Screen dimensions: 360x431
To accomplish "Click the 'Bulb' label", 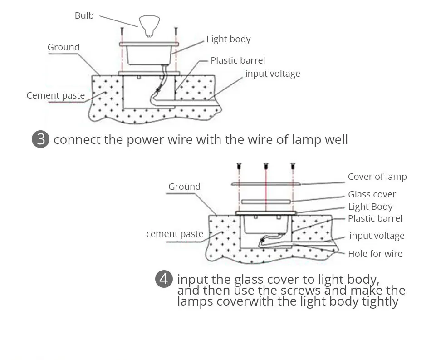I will point(84,15).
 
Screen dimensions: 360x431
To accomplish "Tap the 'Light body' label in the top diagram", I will point(228,39).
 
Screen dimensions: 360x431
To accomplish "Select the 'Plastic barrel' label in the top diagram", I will point(238,60).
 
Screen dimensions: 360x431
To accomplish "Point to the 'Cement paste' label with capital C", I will point(55,95).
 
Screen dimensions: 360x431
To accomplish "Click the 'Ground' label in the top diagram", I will point(64,47).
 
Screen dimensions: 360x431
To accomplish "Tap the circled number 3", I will point(41,139).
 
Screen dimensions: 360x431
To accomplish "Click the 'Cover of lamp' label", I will point(377,177).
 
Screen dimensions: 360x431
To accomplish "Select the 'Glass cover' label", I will point(372,194).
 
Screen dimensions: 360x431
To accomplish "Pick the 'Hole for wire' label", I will point(375,254).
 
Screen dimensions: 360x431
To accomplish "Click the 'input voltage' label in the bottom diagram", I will point(377,236).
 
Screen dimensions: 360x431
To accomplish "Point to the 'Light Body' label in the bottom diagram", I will point(370,207).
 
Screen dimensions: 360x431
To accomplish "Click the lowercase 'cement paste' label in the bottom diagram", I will point(175,234).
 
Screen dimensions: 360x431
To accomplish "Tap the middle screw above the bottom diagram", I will point(265,166).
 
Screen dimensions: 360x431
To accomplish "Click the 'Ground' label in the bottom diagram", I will point(184,187).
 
